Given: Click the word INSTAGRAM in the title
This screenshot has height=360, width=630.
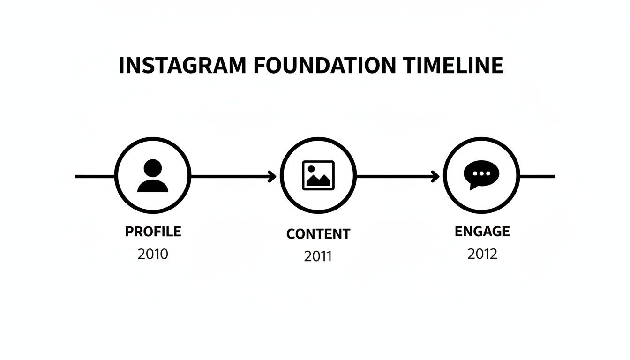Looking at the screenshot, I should (182, 66).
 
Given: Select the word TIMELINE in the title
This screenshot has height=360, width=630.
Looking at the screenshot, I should (453, 66).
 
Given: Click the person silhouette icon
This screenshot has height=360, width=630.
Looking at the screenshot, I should (153, 176).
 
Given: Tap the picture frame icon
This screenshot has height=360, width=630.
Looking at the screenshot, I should (318, 176).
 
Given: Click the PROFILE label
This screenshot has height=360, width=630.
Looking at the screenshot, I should (153, 232).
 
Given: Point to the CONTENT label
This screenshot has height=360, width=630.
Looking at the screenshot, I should (318, 234).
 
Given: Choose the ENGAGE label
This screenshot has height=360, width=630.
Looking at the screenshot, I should (482, 231).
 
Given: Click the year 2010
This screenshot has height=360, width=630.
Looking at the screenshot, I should (153, 254).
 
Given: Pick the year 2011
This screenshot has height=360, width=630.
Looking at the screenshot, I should (318, 256).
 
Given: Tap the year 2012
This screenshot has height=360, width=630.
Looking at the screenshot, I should (482, 254).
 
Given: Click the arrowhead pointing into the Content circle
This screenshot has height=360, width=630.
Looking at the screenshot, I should (272, 177).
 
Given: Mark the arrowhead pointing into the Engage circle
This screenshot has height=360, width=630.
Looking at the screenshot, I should (435, 177).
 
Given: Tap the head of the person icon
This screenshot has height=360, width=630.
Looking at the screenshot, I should (153, 168).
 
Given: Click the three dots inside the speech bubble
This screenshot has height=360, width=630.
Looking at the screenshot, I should (481, 173).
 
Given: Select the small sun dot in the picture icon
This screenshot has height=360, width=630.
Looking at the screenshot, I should (311, 168).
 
